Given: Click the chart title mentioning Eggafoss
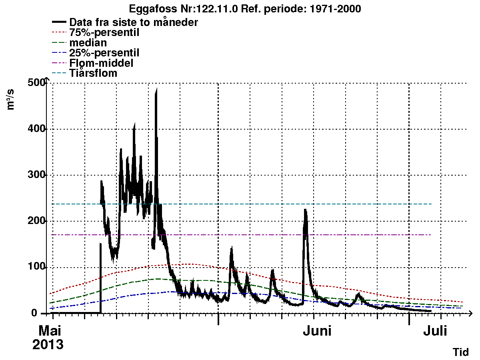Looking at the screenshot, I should (x=245, y=9).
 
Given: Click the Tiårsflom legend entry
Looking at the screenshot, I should (x=93, y=73).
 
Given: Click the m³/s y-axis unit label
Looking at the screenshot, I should (x=11, y=100).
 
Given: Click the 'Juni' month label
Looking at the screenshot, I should (x=317, y=331).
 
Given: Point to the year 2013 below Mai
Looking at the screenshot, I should (x=48, y=345).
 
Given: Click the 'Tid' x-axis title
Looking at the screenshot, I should (x=460, y=352).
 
